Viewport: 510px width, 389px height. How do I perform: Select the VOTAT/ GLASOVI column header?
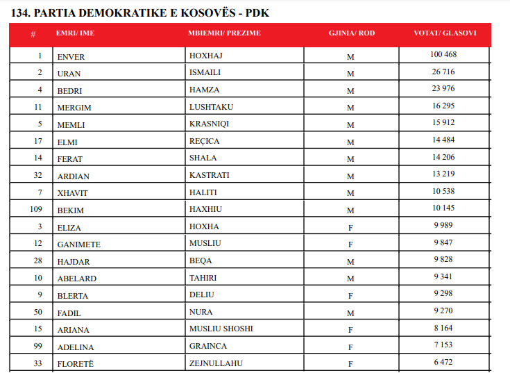coord(444,33)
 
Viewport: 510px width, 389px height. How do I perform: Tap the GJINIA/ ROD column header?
coord(351,33)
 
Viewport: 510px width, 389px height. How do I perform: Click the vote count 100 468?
coord(443,54)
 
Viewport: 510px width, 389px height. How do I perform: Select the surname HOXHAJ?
coord(206,56)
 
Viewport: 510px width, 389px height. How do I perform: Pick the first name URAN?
coord(69,73)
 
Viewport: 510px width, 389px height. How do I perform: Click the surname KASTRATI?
coord(209,175)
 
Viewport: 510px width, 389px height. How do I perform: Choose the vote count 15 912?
coord(443,122)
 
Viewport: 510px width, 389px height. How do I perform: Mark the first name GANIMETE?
coord(78,244)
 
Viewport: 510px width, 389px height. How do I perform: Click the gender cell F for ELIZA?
coord(350,227)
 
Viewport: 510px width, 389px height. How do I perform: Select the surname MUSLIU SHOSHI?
coord(221,329)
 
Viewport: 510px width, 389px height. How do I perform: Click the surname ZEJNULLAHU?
coord(215,363)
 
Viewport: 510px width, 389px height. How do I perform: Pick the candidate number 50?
coord(38,311)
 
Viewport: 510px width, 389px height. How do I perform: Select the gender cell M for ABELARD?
coord(350,279)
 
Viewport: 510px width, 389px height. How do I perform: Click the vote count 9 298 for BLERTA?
coord(443,293)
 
